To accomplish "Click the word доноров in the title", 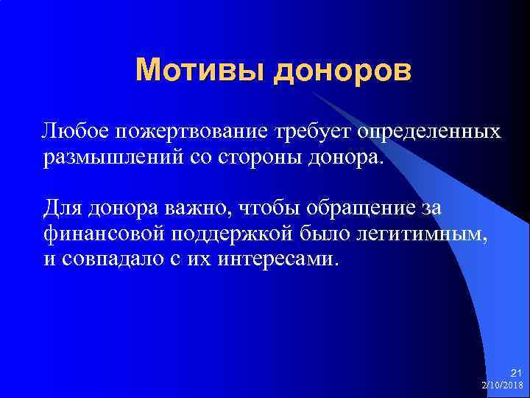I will [x=343, y=71].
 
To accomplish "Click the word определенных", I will [x=429, y=131].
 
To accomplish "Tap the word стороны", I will [x=270, y=158].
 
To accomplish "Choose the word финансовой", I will [x=103, y=234].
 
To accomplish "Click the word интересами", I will [x=280, y=260].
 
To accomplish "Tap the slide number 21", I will [x=515, y=374].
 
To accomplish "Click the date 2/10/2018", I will [x=502, y=385].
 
